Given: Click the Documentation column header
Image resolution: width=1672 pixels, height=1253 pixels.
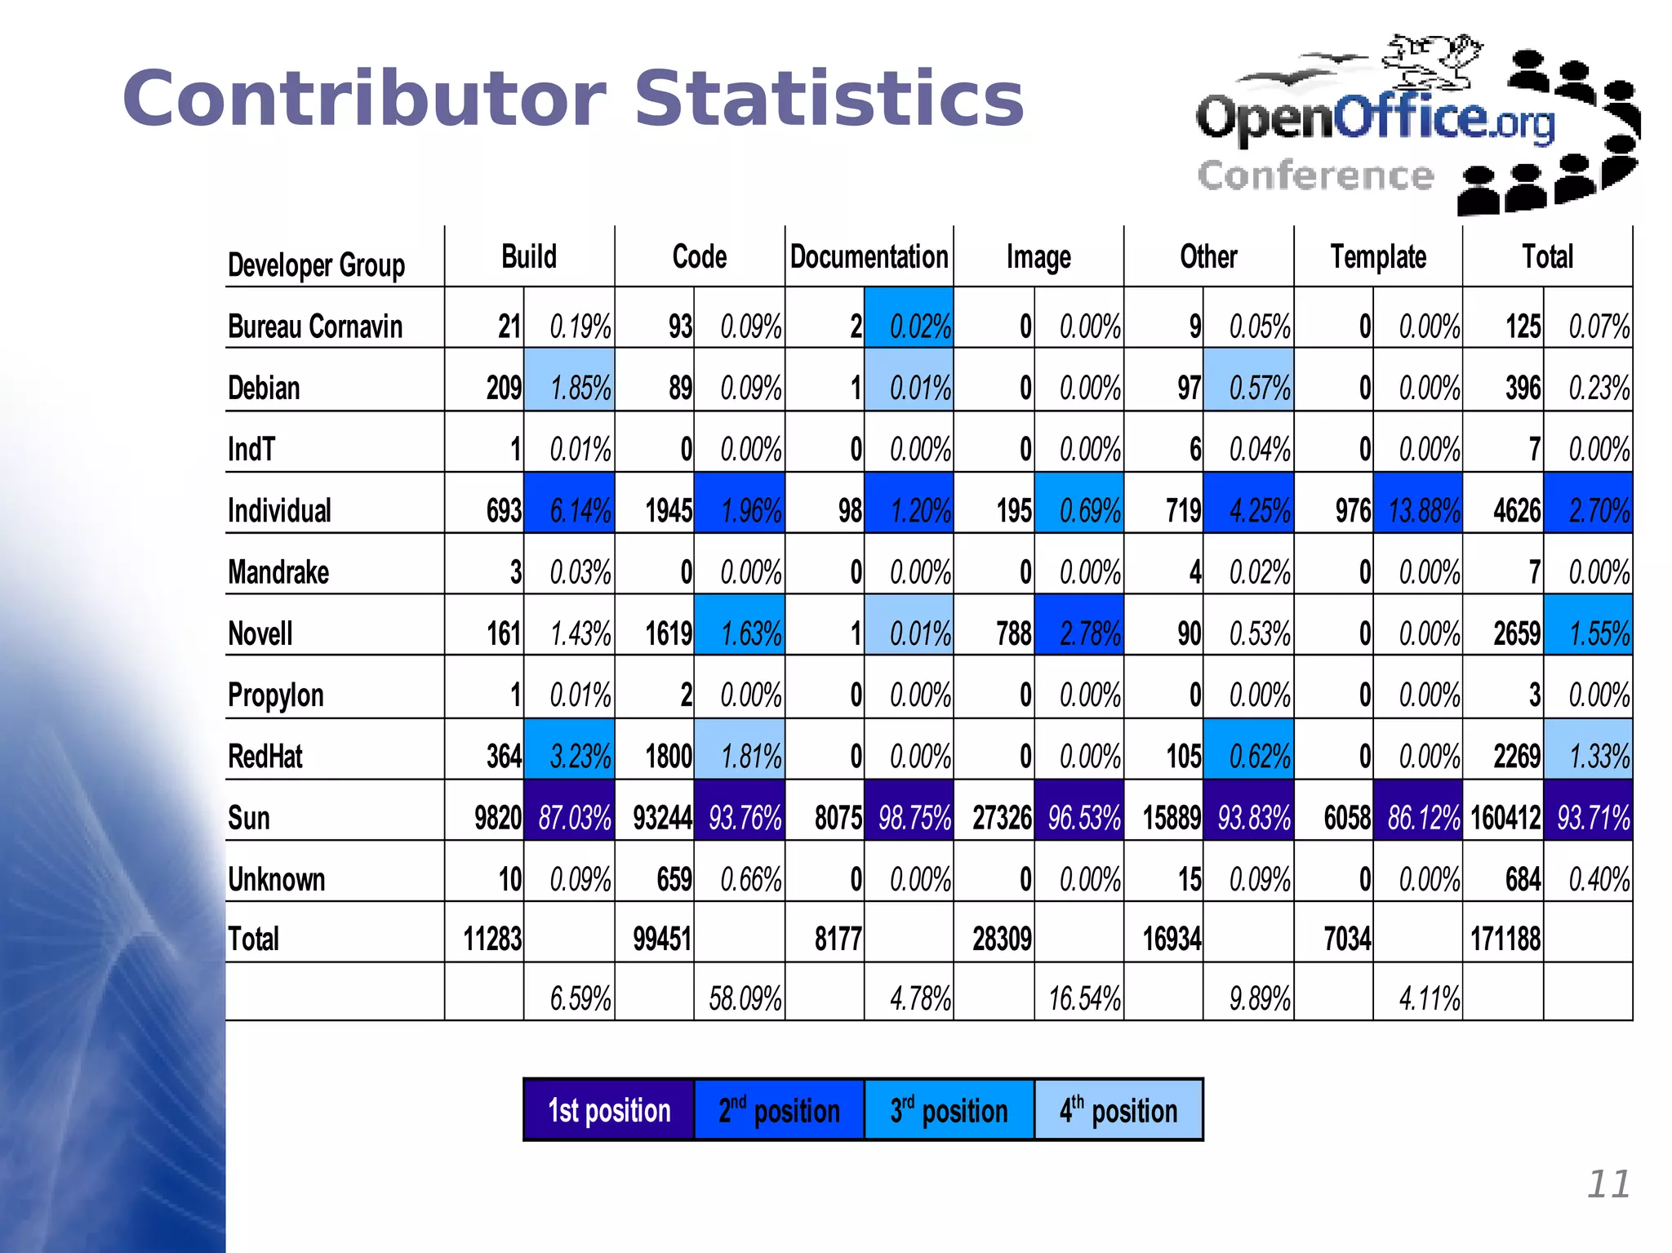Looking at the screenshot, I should (x=869, y=257).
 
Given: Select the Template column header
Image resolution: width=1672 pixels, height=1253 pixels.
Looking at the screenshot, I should (x=1378, y=257).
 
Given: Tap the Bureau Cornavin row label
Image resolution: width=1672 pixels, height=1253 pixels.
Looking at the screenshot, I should (x=315, y=327).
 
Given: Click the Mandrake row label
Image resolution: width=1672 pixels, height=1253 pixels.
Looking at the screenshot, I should (x=278, y=572).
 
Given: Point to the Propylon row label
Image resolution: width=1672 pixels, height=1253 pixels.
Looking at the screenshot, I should (x=276, y=695).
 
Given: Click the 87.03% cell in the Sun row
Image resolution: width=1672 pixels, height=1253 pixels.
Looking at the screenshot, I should (x=574, y=817).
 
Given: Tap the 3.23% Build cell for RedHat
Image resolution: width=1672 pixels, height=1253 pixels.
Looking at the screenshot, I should (x=579, y=756).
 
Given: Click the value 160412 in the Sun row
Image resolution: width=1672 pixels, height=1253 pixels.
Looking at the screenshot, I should (x=1505, y=817).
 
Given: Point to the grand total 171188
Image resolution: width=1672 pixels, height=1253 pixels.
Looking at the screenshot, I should (x=1505, y=940).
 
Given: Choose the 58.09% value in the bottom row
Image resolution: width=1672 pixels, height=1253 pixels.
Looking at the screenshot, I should (x=745, y=998).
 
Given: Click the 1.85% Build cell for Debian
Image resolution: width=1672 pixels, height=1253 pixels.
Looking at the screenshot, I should (x=580, y=388).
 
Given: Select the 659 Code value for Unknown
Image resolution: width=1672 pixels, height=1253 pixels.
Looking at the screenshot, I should (x=674, y=879).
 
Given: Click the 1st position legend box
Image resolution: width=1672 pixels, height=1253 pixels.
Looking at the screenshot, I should (x=609, y=1110).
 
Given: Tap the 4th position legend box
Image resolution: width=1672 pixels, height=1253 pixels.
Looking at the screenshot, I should (x=1118, y=1110).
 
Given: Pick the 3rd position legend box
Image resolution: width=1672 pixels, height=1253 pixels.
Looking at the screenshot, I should (x=949, y=1110).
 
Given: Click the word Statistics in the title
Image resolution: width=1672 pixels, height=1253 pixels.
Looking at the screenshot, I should (x=828, y=99).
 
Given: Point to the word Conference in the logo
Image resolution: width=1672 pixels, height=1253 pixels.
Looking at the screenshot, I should (x=1315, y=176).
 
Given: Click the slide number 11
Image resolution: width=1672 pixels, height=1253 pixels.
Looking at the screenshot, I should (x=1608, y=1184).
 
